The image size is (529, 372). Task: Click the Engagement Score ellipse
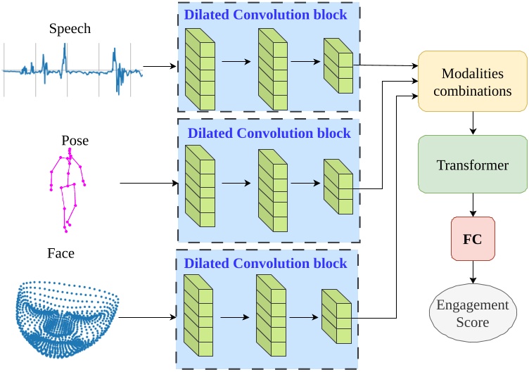[x=471, y=313]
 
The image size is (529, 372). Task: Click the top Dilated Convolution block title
[x=265, y=14]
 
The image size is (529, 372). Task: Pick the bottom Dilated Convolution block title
[x=265, y=263]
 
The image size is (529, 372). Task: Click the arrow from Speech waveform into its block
[x=162, y=68]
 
